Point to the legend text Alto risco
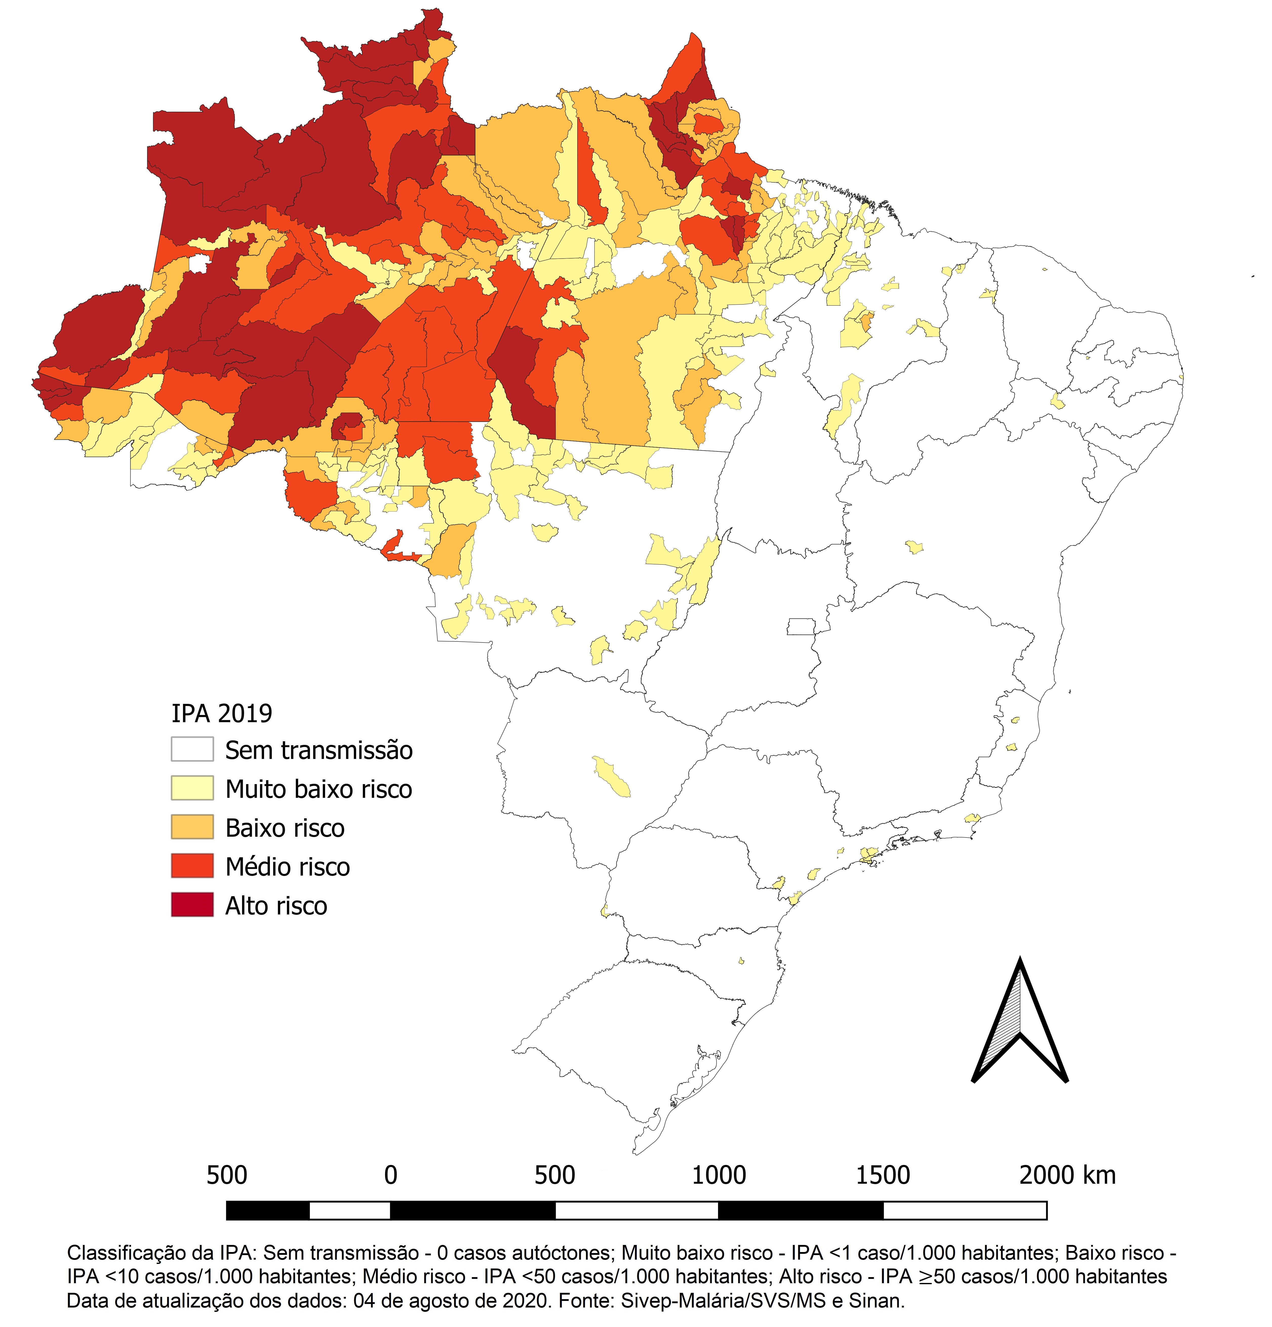tap(276, 906)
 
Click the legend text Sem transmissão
tap(319, 750)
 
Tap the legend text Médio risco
tap(288, 867)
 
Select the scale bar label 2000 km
tap(1067, 1175)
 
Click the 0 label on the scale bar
tap(391, 1175)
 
